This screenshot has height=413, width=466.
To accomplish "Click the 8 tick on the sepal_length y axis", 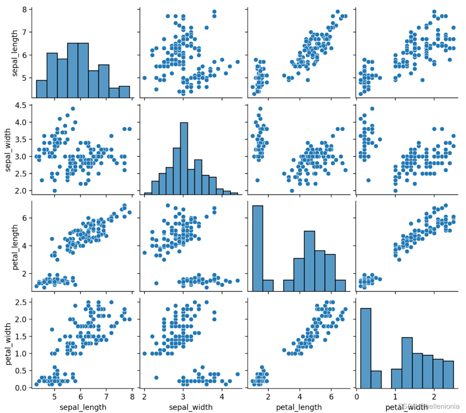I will (x=25, y=9).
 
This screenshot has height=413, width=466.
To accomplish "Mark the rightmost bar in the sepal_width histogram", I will (x=234, y=194).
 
